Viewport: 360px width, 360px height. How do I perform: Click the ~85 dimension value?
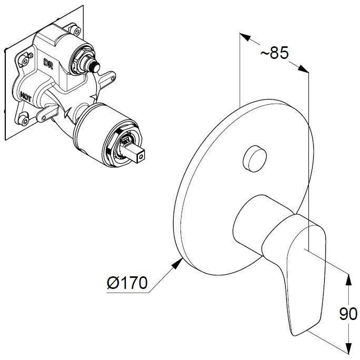click(x=274, y=53)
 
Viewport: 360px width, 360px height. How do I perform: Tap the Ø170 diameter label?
click(x=127, y=283)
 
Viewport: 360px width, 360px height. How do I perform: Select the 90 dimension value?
click(x=348, y=314)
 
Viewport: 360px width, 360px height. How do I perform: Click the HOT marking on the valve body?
click(x=26, y=97)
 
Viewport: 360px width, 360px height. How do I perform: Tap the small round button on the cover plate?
click(x=255, y=158)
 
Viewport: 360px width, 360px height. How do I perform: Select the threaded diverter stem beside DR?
click(x=93, y=65)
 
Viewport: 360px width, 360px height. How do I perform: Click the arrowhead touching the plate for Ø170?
click(x=177, y=263)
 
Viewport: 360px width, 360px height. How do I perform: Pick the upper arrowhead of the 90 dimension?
click(x=348, y=280)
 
